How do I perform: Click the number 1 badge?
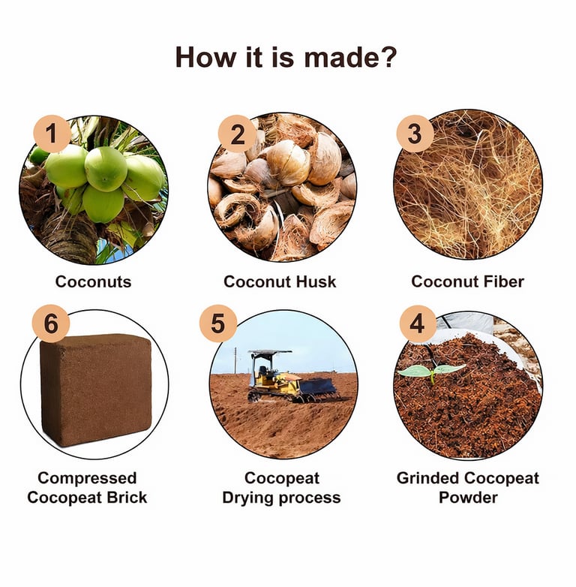[x=52, y=134]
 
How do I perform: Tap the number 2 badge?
[x=237, y=134]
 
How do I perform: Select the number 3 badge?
[x=415, y=134]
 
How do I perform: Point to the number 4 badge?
[x=418, y=324]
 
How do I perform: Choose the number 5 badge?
[x=218, y=324]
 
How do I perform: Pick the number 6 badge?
[x=51, y=324]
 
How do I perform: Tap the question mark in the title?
[x=385, y=57]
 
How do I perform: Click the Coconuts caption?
[x=93, y=282]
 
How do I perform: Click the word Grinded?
[x=428, y=478]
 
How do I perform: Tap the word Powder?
[x=468, y=498]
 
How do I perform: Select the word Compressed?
[x=87, y=478]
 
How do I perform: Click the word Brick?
[x=127, y=498]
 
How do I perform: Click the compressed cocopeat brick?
[x=95, y=390]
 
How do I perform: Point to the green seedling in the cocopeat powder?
[x=432, y=372]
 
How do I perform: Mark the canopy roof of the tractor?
[x=270, y=352]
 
